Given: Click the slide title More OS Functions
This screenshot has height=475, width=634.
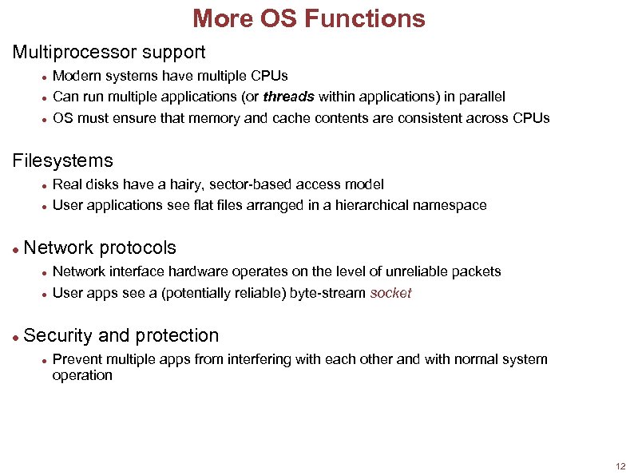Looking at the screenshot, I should pos(309,18).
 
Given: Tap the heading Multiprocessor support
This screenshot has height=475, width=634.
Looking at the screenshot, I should pos(109,53).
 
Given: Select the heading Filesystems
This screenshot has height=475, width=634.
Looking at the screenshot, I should pos(63,161).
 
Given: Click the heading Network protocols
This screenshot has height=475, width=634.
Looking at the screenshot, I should pos(100,247).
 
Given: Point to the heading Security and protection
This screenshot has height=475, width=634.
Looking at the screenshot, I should pos(121,335).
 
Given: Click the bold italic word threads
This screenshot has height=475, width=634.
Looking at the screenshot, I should pos(288,97).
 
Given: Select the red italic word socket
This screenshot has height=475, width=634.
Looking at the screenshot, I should pos(390,293).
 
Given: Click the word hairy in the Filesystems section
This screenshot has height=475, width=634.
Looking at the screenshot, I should pos(185,184).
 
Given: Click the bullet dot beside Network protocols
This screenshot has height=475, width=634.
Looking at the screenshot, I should pos(16,249).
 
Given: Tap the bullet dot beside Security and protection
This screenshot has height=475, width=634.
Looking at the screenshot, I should pos(16,337).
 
